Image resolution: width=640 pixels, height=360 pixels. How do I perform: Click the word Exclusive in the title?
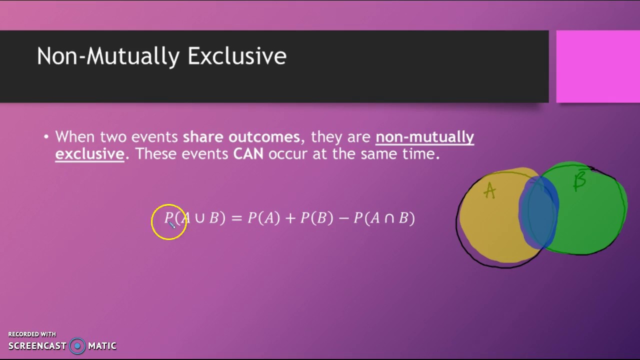coord(237,56)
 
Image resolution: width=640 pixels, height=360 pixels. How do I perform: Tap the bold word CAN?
coord(248,154)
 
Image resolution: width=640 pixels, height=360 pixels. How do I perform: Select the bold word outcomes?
coord(264,137)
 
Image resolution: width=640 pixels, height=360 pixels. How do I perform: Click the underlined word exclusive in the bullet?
coord(89,154)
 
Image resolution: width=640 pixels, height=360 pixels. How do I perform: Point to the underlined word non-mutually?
coord(425,137)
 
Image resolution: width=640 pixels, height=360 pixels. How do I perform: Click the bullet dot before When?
coord(46,137)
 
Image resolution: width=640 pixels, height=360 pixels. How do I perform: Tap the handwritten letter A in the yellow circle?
coord(489,190)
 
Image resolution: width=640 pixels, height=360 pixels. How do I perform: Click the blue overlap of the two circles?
coord(538,212)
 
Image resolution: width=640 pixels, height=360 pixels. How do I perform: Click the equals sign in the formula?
coord(236,218)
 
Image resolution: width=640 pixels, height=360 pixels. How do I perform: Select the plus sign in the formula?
coord(290,218)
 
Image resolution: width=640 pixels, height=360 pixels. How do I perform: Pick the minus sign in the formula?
coord(343,218)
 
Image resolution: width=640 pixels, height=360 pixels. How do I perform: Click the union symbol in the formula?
coord(199,218)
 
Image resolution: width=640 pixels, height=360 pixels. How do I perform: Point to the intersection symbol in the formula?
coord(389,218)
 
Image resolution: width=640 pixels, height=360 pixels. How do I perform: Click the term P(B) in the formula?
coord(317,218)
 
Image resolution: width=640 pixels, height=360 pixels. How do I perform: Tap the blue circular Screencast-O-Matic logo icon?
coord(77,346)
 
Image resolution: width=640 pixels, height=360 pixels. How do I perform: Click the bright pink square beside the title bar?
coord(598,66)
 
